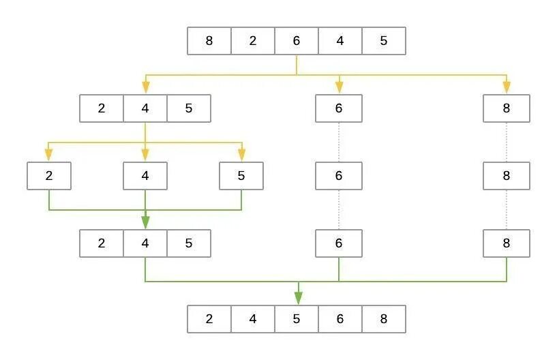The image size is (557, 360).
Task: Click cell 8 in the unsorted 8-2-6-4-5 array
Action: pos(209,41)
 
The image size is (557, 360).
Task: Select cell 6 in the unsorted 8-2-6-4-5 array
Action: pos(297,41)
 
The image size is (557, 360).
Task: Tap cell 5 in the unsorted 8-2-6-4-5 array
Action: pos(384,41)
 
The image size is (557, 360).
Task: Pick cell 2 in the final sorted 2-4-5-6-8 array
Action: pos(209,318)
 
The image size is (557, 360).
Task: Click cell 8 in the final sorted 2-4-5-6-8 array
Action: pos(384,318)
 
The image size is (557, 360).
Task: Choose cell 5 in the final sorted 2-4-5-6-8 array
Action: pos(297,318)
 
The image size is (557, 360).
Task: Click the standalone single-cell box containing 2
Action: pos(49,176)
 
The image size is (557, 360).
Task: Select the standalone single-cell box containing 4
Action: pos(145,176)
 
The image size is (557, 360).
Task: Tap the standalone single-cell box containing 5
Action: pos(241,176)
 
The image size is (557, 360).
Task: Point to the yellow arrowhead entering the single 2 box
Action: pos(49,155)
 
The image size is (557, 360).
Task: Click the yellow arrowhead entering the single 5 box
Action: pos(241,155)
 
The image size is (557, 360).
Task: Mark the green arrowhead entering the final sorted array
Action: pos(297,298)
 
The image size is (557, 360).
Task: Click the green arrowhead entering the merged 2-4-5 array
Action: pos(145,223)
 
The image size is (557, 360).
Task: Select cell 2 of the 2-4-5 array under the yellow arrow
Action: pos(102,108)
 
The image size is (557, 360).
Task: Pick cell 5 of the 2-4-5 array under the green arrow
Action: pos(189,243)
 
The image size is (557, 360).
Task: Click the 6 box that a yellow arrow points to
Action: pos(339,108)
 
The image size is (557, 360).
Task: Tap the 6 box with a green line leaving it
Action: pos(339,243)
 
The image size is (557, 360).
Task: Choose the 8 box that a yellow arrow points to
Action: pos(507,108)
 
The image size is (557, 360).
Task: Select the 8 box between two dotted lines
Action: pos(507,176)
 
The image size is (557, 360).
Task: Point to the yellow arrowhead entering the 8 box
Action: pos(507,87)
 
